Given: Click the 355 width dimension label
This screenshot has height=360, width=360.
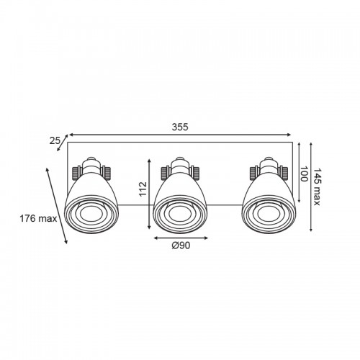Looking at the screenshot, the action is (180, 127).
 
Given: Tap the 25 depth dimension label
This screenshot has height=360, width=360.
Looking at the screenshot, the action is (55, 140).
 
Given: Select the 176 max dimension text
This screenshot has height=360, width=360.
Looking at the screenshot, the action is (38, 218).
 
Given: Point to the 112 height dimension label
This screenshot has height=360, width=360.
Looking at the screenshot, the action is (143, 189).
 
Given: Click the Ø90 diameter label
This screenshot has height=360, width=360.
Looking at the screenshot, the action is (181, 246).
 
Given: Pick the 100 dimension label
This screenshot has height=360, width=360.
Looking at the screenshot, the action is (304, 174).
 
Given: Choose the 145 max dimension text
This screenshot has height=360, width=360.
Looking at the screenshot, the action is (317, 187).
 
